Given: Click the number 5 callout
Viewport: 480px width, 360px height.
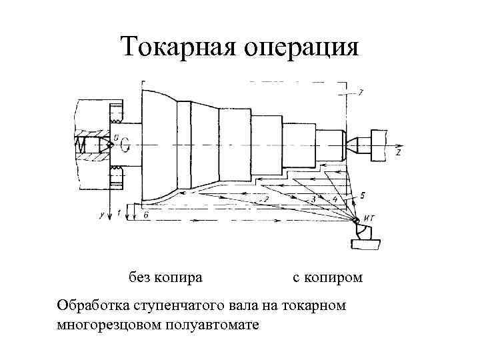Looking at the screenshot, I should coord(362,195).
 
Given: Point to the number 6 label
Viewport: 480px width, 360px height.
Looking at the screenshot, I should coord(145,213).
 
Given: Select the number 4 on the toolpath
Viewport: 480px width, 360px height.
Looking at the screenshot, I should coord(334,199).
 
